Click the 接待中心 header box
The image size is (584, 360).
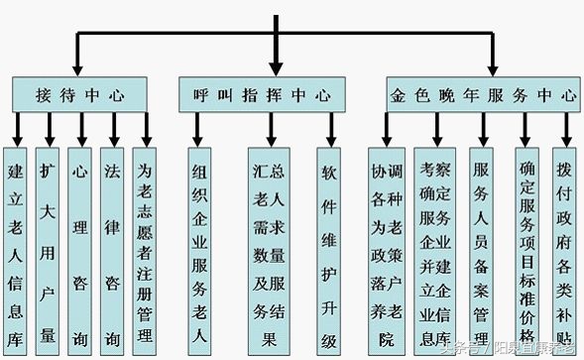pos(80,95)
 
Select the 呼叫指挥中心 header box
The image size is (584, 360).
pos(260,95)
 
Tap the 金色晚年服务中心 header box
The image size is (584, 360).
pos(482,95)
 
